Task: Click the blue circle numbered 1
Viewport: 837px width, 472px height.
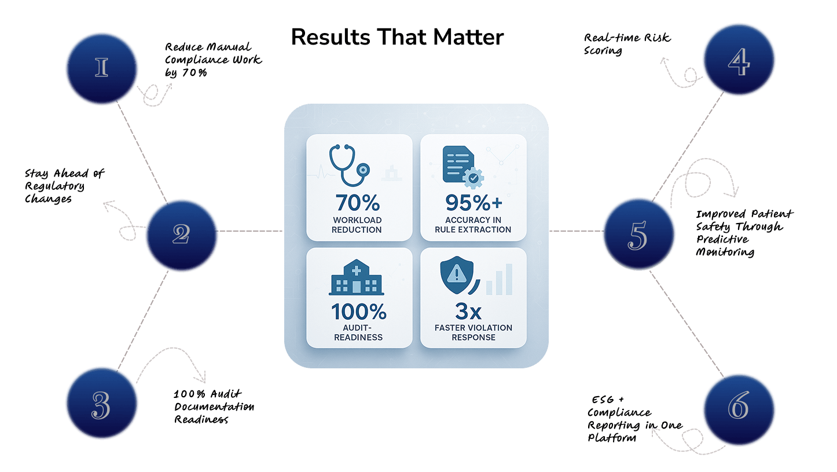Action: point(102,68)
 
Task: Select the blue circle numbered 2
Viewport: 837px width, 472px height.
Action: point(181,233)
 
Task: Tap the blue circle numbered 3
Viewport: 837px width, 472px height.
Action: point(101,403)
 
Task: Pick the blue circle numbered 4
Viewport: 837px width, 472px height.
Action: point(739,60)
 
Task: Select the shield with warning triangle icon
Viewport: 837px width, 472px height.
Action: point(457,275)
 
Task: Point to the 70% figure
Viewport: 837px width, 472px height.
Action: point(357,203)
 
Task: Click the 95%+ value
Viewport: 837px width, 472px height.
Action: point(473,203)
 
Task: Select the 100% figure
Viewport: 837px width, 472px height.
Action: point(359,312)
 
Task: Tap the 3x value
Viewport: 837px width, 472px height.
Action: point(468,312)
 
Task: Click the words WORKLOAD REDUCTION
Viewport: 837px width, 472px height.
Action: point(357,225)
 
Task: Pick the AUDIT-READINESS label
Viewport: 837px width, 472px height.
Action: point(358,332)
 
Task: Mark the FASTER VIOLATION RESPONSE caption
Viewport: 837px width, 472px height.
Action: point(473,332)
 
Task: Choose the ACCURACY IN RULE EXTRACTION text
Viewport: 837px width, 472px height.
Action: point(473,225)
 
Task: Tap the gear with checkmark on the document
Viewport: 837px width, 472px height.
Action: point(473,178)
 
